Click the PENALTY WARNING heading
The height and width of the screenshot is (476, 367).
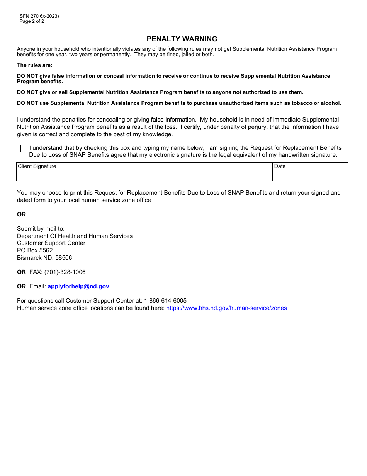[x=182, y=39]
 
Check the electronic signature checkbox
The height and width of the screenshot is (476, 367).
[x=24, y=148]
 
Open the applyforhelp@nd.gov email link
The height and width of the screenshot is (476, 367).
[x=78, y=286]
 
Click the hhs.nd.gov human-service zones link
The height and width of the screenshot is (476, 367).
[x=226, y=308]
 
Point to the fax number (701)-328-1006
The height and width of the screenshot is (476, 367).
[x=65, y=272]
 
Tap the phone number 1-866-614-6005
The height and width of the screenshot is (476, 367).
[x=165, y=301]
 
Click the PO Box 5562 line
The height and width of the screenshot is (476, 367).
[x=35, y=250]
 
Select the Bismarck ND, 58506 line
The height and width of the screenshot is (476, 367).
[x=44, y=258]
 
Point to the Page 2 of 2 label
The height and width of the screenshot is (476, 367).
[x=32, y=21]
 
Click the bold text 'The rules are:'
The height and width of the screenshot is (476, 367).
[x=34, y=65]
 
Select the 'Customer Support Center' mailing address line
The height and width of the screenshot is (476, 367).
[x=51, y=243]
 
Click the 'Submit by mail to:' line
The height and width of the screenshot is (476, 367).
[x=41, y=229]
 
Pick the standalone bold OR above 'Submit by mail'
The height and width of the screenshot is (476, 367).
[x=22, y=214]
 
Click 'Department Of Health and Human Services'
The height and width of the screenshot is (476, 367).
[x=75, y=236]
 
